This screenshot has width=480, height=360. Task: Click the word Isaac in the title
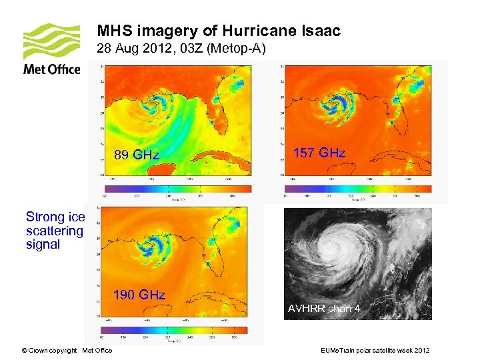321,31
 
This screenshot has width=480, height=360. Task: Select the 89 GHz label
137,155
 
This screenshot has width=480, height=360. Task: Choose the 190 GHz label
139,295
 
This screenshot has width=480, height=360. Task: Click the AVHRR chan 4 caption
324,309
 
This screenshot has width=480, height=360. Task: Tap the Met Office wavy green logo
51,42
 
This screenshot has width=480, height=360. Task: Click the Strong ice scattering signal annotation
55,231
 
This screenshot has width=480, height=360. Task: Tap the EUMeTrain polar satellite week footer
375,351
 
